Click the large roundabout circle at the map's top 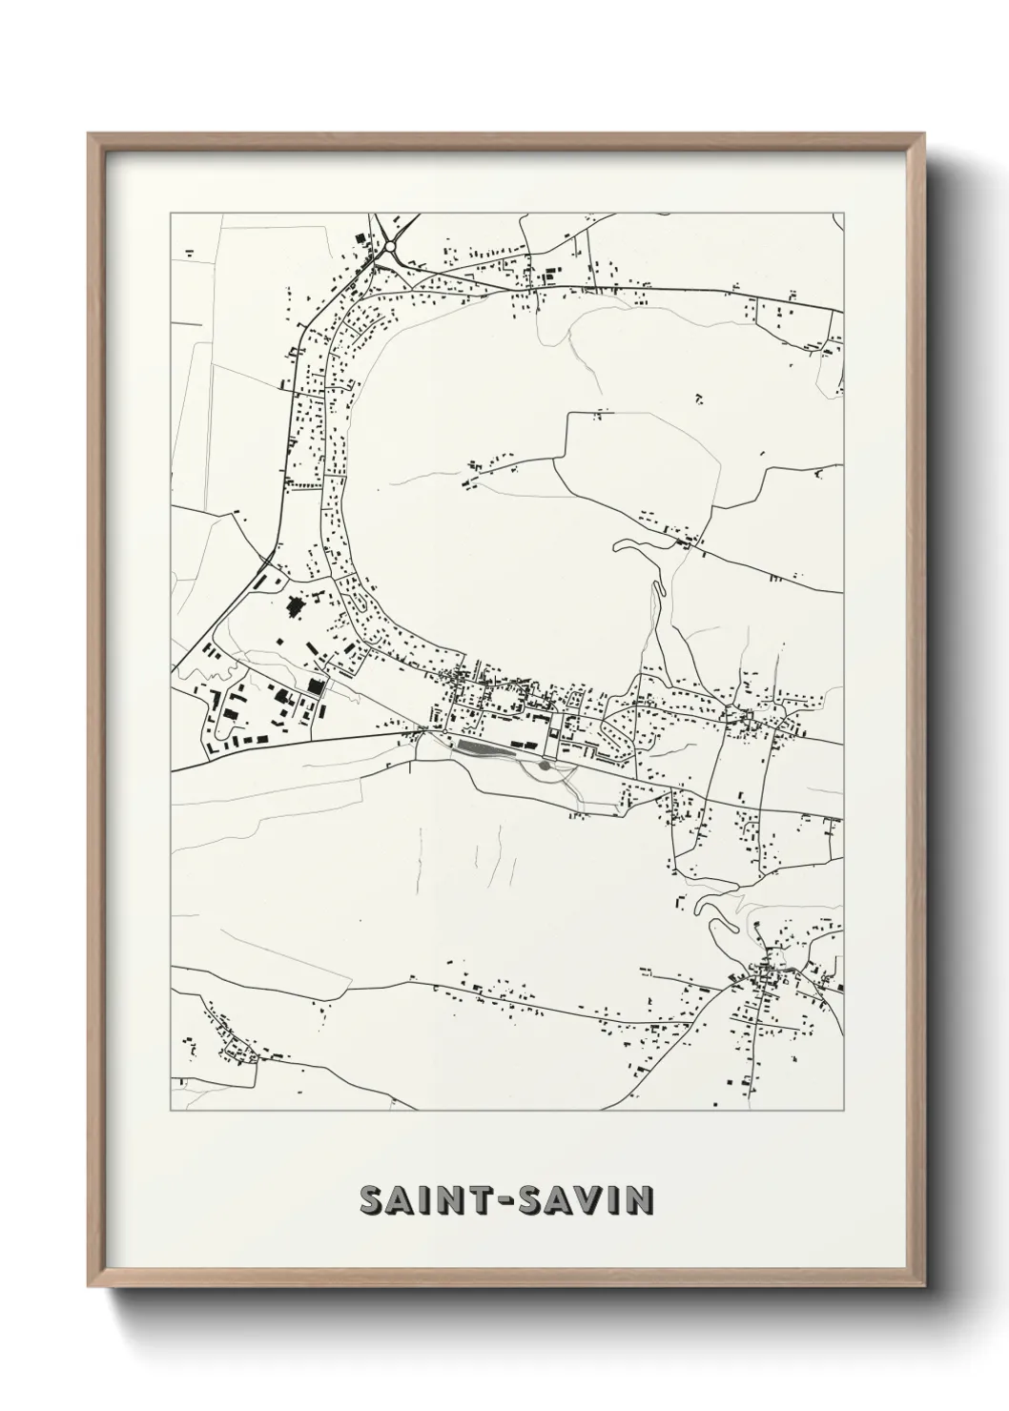click(390, 246)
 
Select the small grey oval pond click(544, 765)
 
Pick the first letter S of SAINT click(372, 1200)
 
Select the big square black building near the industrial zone click(315, 686)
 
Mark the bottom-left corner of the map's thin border click(171, 1111)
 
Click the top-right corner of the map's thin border click(843, 214)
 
